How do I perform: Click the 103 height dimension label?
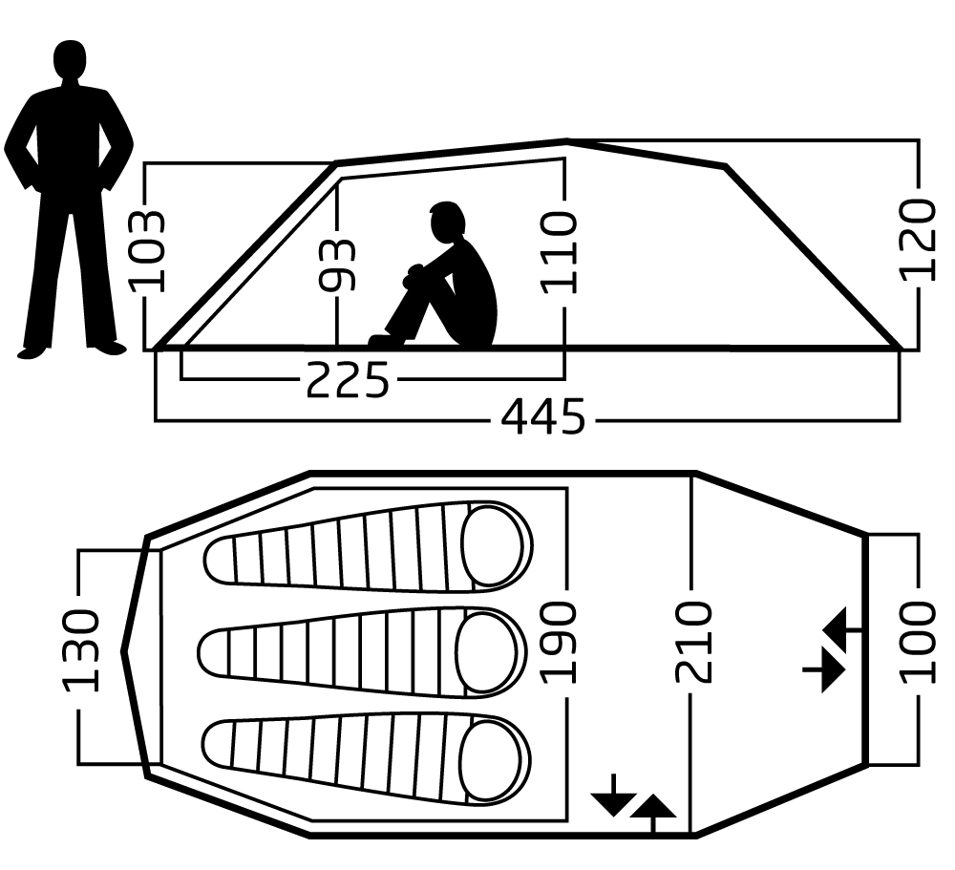click(147, 249)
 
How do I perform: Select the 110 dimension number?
click(561, 251)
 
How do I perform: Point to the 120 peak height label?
click(919, 240)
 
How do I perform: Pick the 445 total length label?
click(543, 418)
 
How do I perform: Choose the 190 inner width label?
click(562, 641)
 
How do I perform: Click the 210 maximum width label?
click(694, 641)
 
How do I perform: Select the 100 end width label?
click(919, 641)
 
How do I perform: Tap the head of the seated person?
click(445, 223)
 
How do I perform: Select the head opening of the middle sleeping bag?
click(489, 653)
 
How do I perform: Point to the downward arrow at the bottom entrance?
click(611, 796)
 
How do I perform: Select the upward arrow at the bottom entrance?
click(652, 813)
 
